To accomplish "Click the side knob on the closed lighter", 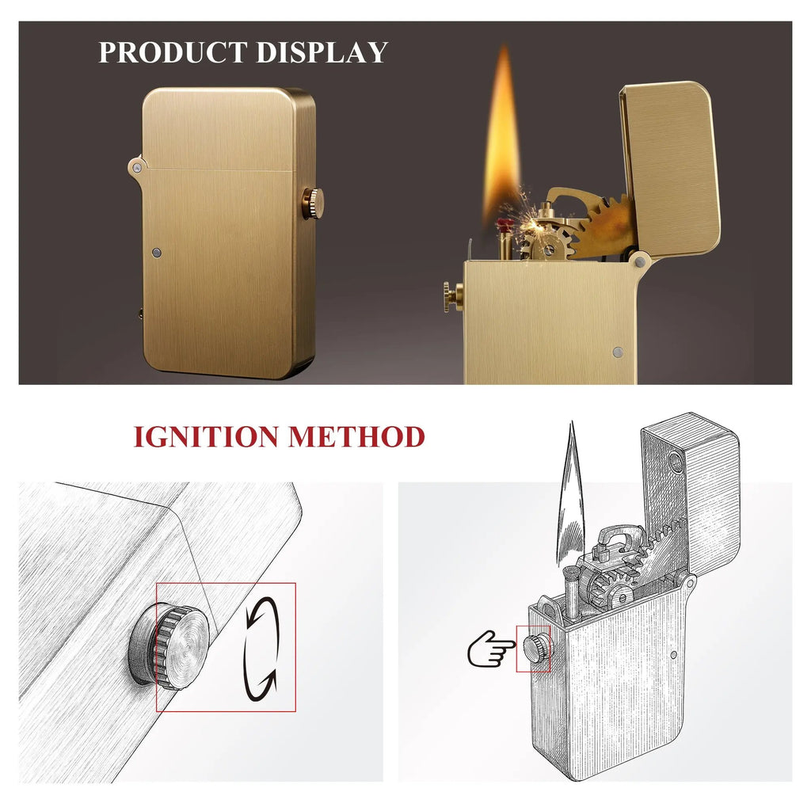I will [310, 204].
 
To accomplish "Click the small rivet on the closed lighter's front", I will [157, 253].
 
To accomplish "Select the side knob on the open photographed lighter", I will [452, 296].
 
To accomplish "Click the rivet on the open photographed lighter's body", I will [618, 352].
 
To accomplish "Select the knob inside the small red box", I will [535, 648].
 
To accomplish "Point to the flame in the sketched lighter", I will [570, 491].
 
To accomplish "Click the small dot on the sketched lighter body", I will [672, 655].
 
